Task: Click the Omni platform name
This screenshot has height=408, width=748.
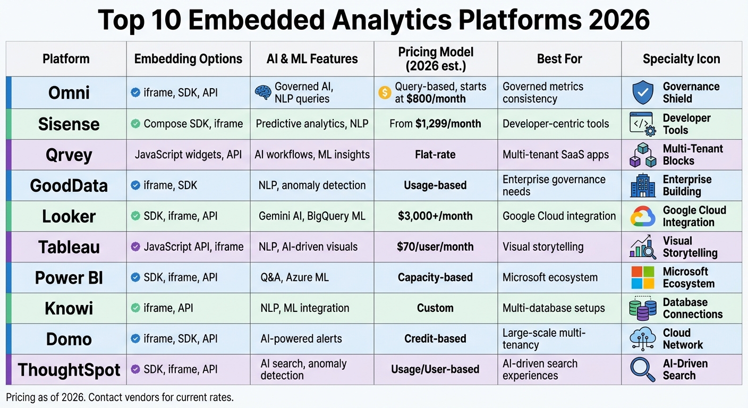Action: pos(69,93)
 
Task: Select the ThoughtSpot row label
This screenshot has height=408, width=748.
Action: pos(69,370)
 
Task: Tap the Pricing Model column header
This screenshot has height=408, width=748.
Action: pos(436,59)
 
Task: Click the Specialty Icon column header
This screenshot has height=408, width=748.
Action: pos(682,59)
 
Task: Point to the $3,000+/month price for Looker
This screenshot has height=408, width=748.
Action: pos(435,216)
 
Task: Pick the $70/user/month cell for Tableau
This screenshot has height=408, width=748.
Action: pos(435,247)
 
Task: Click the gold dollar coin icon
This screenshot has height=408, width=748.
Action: pos(385,92)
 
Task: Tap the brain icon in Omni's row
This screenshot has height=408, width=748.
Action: pos(263,92)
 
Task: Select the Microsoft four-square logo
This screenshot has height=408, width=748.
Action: pos(643,277)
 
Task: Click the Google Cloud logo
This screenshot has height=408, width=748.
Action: pos(643,216)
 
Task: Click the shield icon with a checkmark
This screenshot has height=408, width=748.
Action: pos(643,92)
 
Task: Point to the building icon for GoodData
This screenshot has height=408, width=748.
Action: pos(643,186)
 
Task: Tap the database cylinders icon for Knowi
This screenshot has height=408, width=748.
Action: pos(643,308)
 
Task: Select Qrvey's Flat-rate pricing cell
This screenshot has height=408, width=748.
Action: pos(435,155)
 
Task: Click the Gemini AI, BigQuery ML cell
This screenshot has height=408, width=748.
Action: pos(312,216)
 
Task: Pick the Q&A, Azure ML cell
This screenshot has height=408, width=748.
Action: pos(294,277)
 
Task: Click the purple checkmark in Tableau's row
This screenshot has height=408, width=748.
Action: pos(135,247)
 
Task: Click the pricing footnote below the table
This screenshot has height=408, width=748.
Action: pos(120,397)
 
